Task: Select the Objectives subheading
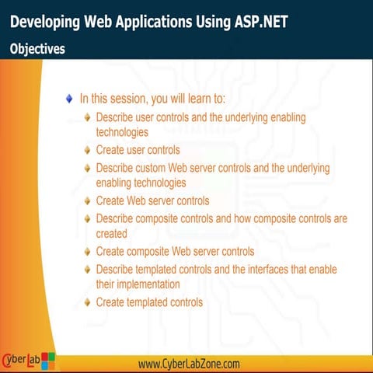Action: click(37, 48)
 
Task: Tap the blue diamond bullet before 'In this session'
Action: click(69, 99)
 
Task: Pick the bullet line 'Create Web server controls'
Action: click(152, 200)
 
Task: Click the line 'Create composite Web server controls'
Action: click(175, 251)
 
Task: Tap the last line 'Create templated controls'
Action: click(149, 302)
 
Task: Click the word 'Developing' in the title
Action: click(45, 21)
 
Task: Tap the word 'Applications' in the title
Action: click(169, 21)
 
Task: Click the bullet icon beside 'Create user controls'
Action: click(87, 149)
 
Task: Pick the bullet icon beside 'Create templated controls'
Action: click(87, 302)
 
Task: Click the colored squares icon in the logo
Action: click(48, 361)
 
